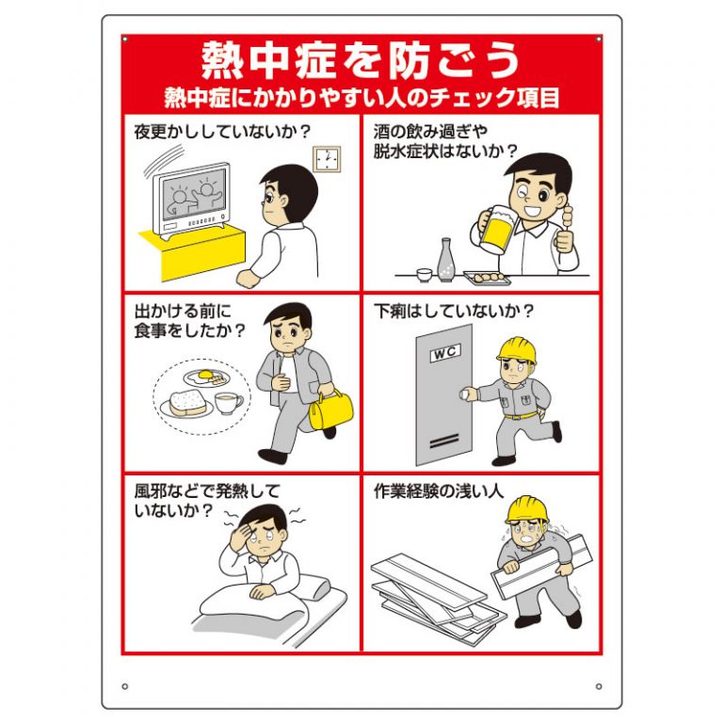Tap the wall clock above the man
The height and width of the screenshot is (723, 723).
tap(325, 159)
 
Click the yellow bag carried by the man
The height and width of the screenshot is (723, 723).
tap(330, 410)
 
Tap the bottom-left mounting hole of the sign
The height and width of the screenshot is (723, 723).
tap(124, 684)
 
